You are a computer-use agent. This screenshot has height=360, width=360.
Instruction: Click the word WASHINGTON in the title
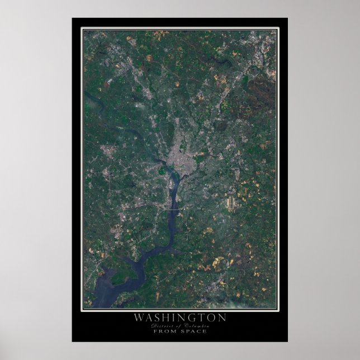pyautogui.click(x=179, y=318)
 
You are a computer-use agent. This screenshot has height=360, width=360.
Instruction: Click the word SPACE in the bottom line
pyautogui.click(x=195, y=331)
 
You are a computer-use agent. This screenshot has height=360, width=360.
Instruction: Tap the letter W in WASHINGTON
pyautogui.click(x=138, y=318)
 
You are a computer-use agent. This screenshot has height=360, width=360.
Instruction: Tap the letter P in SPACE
pyautogui.click(x=188, y=331)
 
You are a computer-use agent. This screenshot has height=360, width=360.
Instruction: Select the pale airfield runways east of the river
pyautogui.click(x=231, y=202)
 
